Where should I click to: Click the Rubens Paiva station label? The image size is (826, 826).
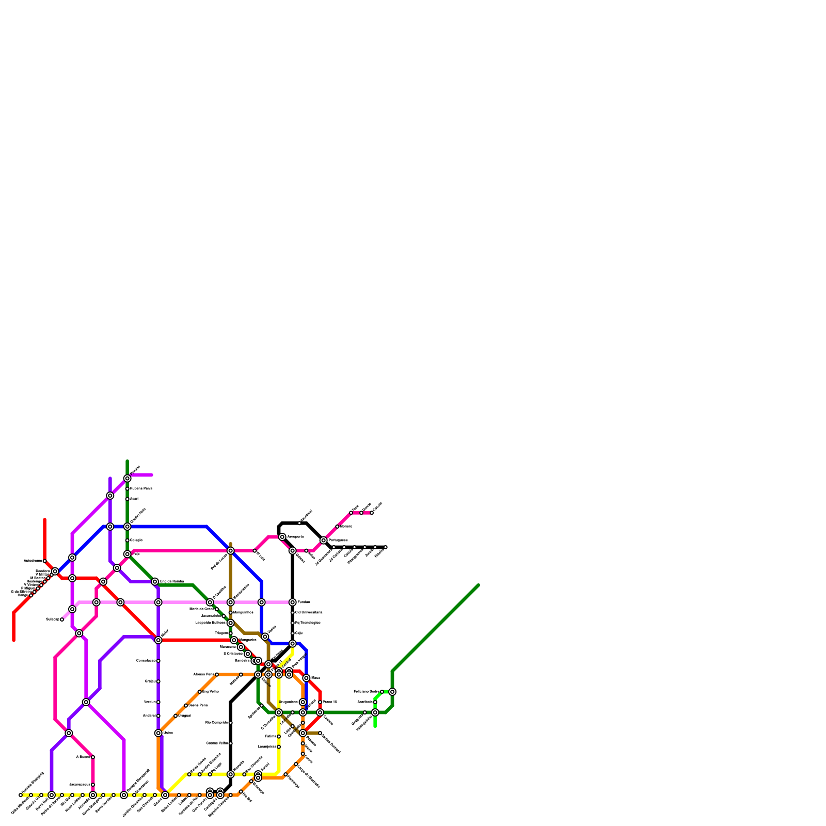[140, 488]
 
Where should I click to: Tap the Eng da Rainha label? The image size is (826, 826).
[171, 582]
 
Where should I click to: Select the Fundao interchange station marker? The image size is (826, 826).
[292, 602]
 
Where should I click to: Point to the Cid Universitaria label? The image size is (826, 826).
[309, 613]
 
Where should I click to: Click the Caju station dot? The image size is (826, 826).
[292, 633]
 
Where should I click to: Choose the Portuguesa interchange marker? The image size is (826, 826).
[323, 541]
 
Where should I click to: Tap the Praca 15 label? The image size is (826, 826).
[329, 702]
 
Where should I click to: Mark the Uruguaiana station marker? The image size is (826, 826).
[303, 702]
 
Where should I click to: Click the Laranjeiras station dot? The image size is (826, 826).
[279, 747]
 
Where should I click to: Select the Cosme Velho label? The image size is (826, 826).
[217, 743]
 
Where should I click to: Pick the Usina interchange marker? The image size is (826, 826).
[158, 733]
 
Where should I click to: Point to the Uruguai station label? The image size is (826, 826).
[184, 716]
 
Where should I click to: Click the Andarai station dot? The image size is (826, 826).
[158, 716]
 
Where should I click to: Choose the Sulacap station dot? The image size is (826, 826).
[62, 619]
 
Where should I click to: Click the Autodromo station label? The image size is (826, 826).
[33, 561]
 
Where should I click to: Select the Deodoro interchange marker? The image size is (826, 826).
[55, 571]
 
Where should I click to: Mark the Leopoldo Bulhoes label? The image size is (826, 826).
[210, 623]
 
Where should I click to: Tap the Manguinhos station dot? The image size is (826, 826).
[230, 613]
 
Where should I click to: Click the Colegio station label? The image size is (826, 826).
[136, 541]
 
